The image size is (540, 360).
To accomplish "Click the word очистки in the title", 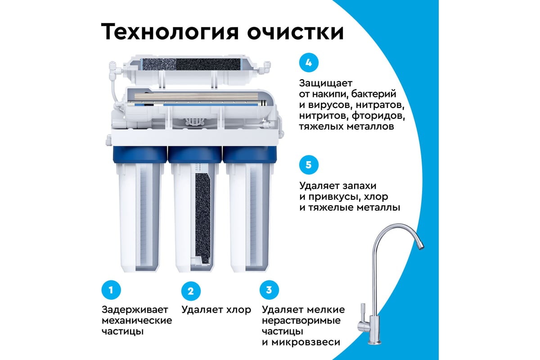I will pos(301,32).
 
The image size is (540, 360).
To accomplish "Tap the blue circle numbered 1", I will pos(110,291).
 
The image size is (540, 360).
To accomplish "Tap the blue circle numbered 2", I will pos(190,291).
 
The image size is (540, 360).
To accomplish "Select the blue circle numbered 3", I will pos(269,290).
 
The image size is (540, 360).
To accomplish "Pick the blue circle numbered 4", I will pos(308,63).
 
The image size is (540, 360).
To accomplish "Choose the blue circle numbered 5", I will pos(308,164).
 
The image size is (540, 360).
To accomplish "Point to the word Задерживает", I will pos(135,310).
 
